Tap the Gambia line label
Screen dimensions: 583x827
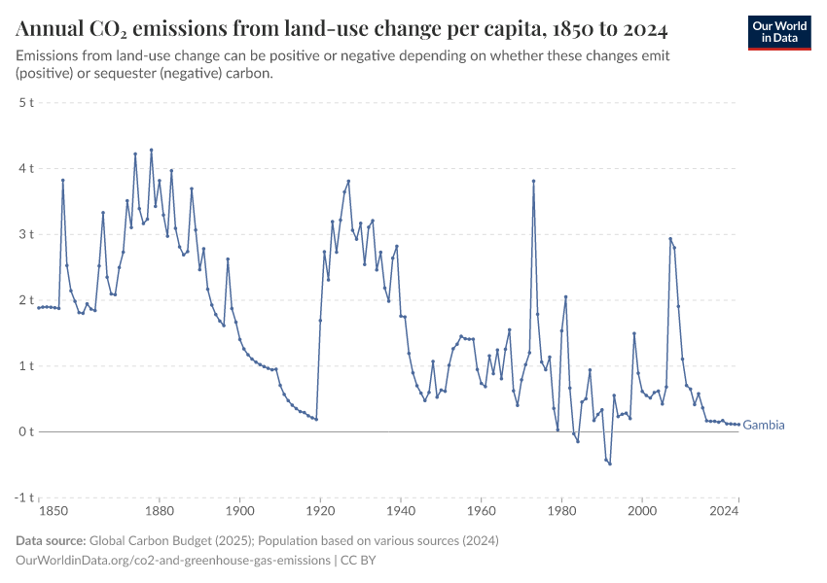pos(764,426)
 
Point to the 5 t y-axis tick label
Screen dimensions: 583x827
pos(25,102)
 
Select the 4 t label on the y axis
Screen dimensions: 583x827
pos(25,168)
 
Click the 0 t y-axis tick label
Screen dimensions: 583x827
pos(25,431)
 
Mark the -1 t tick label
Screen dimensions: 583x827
pos(23,497)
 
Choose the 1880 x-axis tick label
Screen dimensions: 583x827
pos(159,510)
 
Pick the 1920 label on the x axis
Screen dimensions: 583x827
pos(320,510)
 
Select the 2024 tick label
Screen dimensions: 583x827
pos(724,510)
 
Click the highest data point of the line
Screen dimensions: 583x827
pos(151,150)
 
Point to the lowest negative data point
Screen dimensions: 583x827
pos(610,463)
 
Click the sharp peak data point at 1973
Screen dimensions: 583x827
pos(533,181)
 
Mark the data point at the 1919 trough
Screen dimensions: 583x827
pos(316,419)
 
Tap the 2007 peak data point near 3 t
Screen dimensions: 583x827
pos(670,238)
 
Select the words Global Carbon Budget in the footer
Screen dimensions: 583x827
pos(144,540)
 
